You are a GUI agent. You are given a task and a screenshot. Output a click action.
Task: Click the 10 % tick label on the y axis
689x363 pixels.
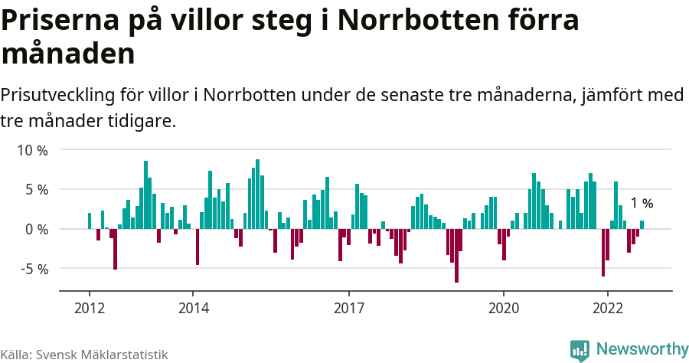[x=32, y=150]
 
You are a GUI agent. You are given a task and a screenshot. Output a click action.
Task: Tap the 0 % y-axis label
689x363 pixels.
[x=35, y=229]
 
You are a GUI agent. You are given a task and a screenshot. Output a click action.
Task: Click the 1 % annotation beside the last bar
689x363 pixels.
[x=642, y=204]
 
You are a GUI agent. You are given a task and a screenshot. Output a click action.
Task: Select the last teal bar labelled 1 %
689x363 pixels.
[x=642, y=225]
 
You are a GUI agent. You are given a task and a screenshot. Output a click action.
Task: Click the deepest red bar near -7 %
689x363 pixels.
[x=456, y=256]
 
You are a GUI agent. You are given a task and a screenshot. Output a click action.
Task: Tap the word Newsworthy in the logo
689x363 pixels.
[x=642, y=348]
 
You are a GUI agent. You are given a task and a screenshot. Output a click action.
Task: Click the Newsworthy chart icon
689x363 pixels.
[x=580, y=350]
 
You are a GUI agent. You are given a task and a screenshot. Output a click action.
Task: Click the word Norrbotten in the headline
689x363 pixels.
[x=426, y=21]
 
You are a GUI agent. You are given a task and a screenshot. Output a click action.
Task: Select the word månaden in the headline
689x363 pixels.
[x=68, y=54]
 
